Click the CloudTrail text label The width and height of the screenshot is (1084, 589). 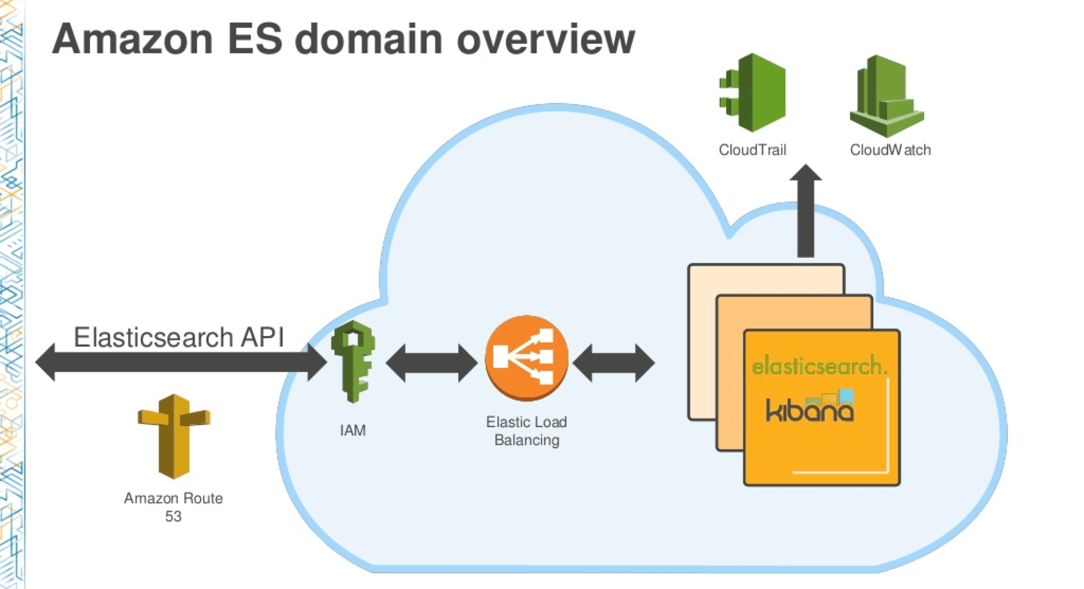pos(752,150)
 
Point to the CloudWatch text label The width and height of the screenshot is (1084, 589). pos(890,150)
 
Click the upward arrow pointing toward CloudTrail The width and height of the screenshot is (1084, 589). pos(806,210)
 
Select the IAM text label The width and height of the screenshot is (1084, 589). pos(353,430)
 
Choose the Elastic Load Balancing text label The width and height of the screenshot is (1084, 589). pos(527,431)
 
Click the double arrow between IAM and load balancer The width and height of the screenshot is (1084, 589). pos(432,363)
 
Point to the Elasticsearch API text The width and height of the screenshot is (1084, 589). pos(179,337)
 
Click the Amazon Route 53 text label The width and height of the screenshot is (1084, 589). pos(173,507)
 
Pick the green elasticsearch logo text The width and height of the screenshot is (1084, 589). pos(819,365)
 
